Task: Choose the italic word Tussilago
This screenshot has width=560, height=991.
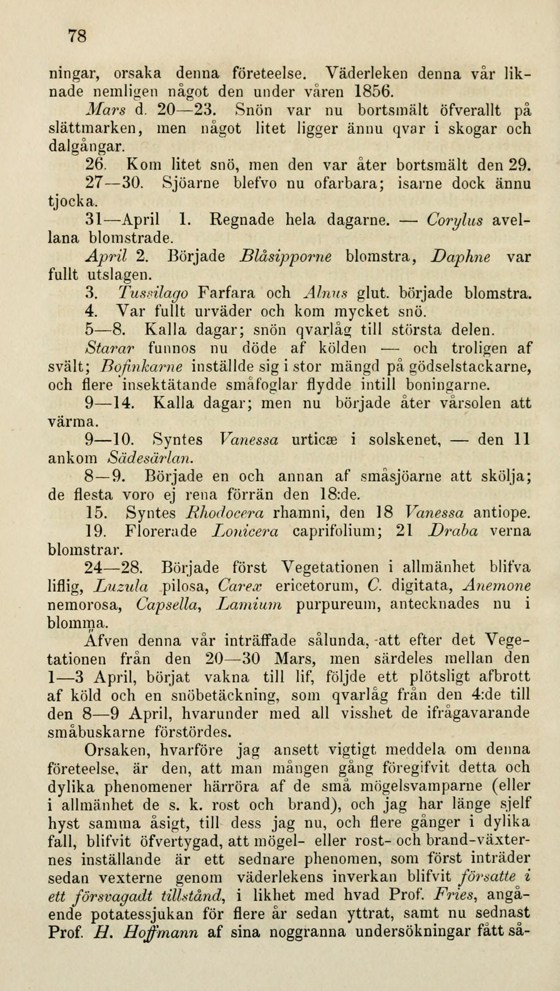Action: tap(153, 293)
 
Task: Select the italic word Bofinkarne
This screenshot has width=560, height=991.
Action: tap(142, 366)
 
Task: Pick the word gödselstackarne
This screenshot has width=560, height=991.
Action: tap(469, 367)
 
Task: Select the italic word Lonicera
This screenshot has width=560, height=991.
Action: tap(245, 531)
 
